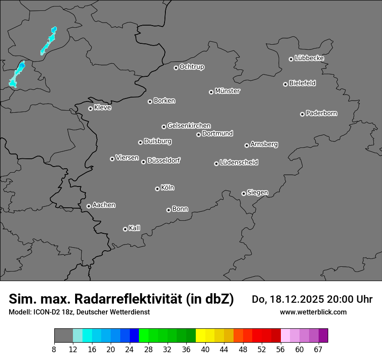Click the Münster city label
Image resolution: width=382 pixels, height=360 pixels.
(x=227, y=91)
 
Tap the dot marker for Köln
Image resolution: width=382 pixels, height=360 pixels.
(x=157, y=189)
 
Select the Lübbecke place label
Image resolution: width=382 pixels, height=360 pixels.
(x=309, y=58)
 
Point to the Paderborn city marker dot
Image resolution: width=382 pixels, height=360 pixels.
(x=302, y=114)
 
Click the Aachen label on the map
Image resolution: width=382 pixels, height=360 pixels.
(x=104, y=205)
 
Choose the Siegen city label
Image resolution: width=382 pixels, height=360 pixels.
(x=257, y=193)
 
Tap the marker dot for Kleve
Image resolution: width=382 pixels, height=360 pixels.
(x=90, y=108)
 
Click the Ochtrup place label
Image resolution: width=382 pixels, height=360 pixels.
(x=192, y=67)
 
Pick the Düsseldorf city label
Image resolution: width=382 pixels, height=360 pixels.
(x=164, y=160)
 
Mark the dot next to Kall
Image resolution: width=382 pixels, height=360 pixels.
(x=125, y=229)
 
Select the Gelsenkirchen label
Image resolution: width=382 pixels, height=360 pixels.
(x=189, y=126)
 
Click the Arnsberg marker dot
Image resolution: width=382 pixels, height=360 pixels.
(x=247, y=145)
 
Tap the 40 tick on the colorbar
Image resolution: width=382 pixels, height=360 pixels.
(x=205, y=349)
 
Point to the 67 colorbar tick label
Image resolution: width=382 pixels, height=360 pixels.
(x=318, y=349)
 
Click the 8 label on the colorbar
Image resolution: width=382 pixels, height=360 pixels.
(x=54, y=349)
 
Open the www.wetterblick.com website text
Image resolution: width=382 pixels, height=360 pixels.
(x=313, y=312)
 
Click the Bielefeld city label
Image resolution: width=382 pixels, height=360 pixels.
(x=302, y=83)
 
